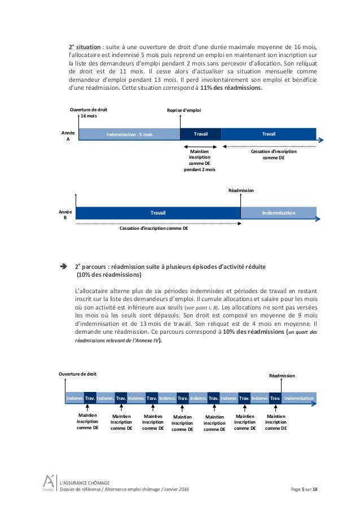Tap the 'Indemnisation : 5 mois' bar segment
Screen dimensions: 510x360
click(x=129, y=134)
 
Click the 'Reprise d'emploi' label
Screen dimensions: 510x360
click(x=184, y=111)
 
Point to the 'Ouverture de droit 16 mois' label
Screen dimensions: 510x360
click(x=88, y=112)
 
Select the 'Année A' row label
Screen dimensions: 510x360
click(x=64, y=134)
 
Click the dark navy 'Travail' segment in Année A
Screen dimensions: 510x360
click(x=200, y=134)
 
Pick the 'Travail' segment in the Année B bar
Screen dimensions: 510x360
click(x=157, y=213)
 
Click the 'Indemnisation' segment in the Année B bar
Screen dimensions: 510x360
click(x=279, y=213)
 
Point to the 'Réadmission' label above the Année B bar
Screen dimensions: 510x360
click(x=241, y=191)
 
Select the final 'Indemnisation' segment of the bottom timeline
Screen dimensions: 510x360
click(x=298, y=398)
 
